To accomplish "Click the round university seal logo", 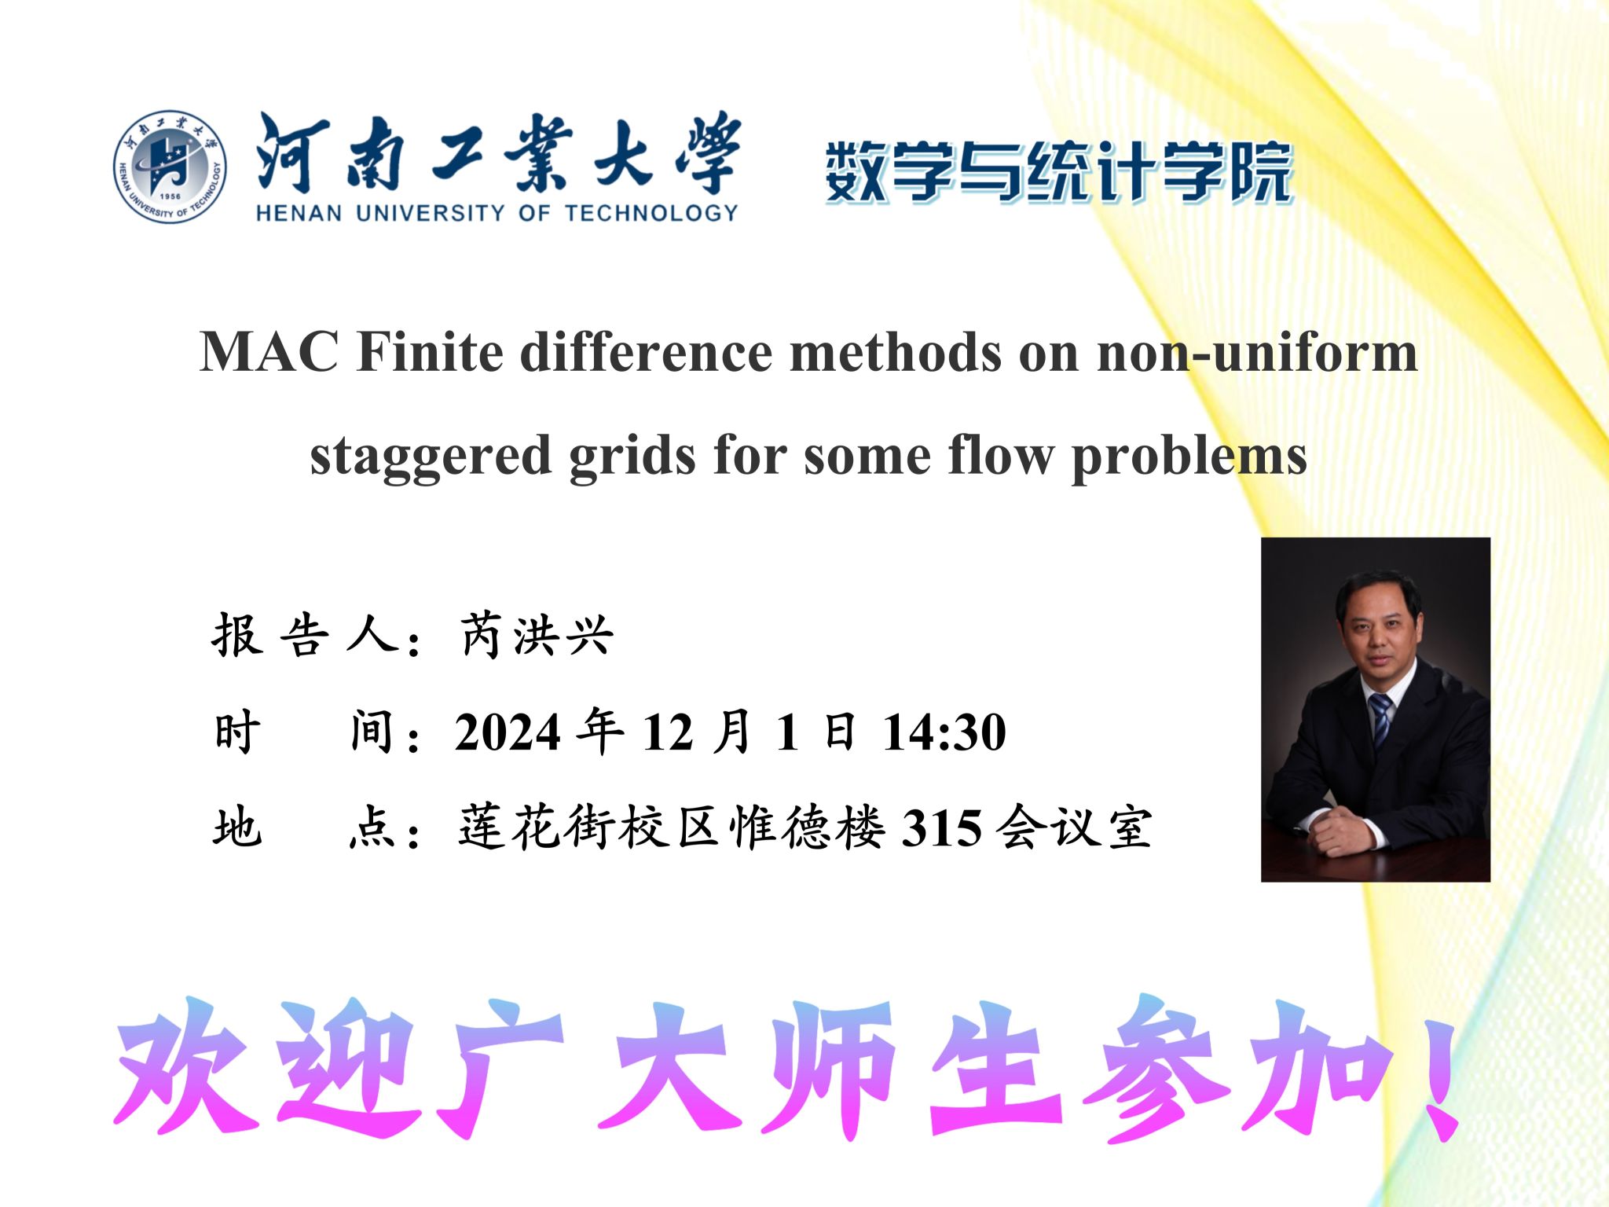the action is [x=170, y=166].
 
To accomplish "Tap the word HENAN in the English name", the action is [x=299, y=213].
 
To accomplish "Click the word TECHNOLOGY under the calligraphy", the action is [x=651, y=213].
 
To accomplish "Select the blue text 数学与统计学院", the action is [x=1059, y=172].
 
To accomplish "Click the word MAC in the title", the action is [x=269, y=351].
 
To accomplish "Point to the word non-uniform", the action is [x=1257, y=351].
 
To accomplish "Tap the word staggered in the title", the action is [x=430, y=457].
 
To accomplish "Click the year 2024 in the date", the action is [x=508, y=732].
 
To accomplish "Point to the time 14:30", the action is [x=944, y=732].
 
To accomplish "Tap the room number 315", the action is [x=941, y=828].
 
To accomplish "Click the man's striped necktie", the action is [x=1380, y=720].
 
